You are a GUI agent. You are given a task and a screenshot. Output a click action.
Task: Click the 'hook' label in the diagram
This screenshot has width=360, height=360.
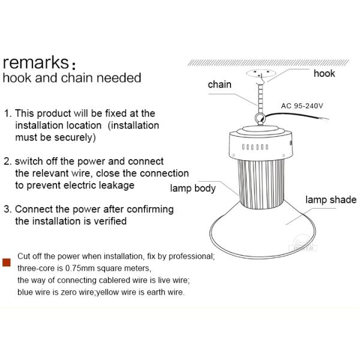click(x=324, y=73)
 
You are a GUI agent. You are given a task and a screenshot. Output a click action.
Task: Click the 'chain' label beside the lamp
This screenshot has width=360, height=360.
click(x=220, y=85)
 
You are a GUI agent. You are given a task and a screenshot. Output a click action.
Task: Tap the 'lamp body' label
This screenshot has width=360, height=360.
click(x=193, y=188)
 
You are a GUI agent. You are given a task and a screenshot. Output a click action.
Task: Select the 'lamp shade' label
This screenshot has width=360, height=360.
click(x=331, y=200)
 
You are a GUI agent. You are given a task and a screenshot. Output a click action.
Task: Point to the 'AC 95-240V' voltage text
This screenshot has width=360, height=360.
click(x=302, y=106)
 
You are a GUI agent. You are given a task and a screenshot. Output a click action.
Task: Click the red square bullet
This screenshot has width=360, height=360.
click(x=7, y=262)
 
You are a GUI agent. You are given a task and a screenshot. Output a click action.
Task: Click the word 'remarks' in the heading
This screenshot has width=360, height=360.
click(x=36, y=62)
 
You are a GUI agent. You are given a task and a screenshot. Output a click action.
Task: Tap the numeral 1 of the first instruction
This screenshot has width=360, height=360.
click(x=7, y=113)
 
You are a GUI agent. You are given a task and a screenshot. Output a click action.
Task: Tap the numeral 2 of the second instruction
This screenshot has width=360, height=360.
click(x=7, y=161)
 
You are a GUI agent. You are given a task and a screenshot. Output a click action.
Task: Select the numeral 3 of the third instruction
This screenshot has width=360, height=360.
click(x=7, y=209)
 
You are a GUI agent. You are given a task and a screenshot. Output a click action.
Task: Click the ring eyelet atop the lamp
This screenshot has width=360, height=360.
click(x=260, y=119)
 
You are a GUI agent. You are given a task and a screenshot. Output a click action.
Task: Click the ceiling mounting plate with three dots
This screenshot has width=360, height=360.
click(x=261, y=73)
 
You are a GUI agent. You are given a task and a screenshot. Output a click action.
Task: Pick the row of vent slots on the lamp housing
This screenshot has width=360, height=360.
click(x=255, y=147)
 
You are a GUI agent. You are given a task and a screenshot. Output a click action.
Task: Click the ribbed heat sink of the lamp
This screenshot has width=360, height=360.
click(x=261, y=184)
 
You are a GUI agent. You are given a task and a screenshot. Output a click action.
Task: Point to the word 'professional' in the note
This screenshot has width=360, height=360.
click(x=191, y=256)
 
